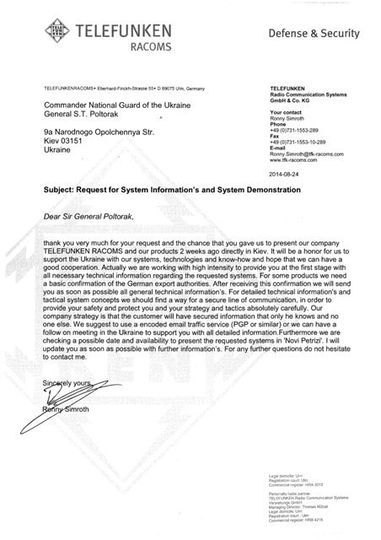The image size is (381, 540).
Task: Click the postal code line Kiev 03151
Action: (x=66, y=140)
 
